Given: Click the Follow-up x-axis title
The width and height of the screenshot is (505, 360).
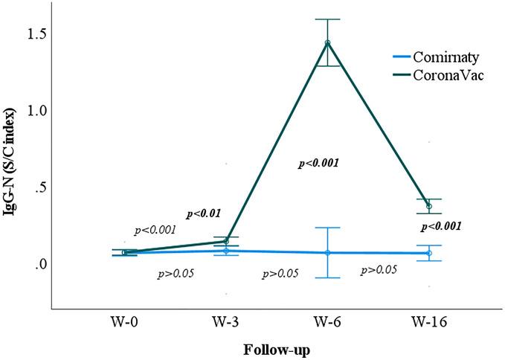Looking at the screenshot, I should (x=276, y=348).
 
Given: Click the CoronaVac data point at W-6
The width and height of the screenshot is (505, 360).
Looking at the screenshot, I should (x=327, y=42).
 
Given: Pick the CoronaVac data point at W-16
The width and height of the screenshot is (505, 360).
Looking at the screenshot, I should (x=429, y=206).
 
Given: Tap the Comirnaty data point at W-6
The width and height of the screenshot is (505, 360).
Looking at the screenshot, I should (x=327, y=253).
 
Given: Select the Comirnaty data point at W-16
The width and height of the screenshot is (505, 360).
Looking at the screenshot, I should (x=429, y=254).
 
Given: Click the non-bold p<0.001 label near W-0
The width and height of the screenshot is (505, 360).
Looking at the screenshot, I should (x=155, y=231).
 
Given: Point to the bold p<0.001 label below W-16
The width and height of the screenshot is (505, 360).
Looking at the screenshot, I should (x=441, y=226).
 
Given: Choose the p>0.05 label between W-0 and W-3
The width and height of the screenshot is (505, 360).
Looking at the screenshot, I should (x=176, y=274).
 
